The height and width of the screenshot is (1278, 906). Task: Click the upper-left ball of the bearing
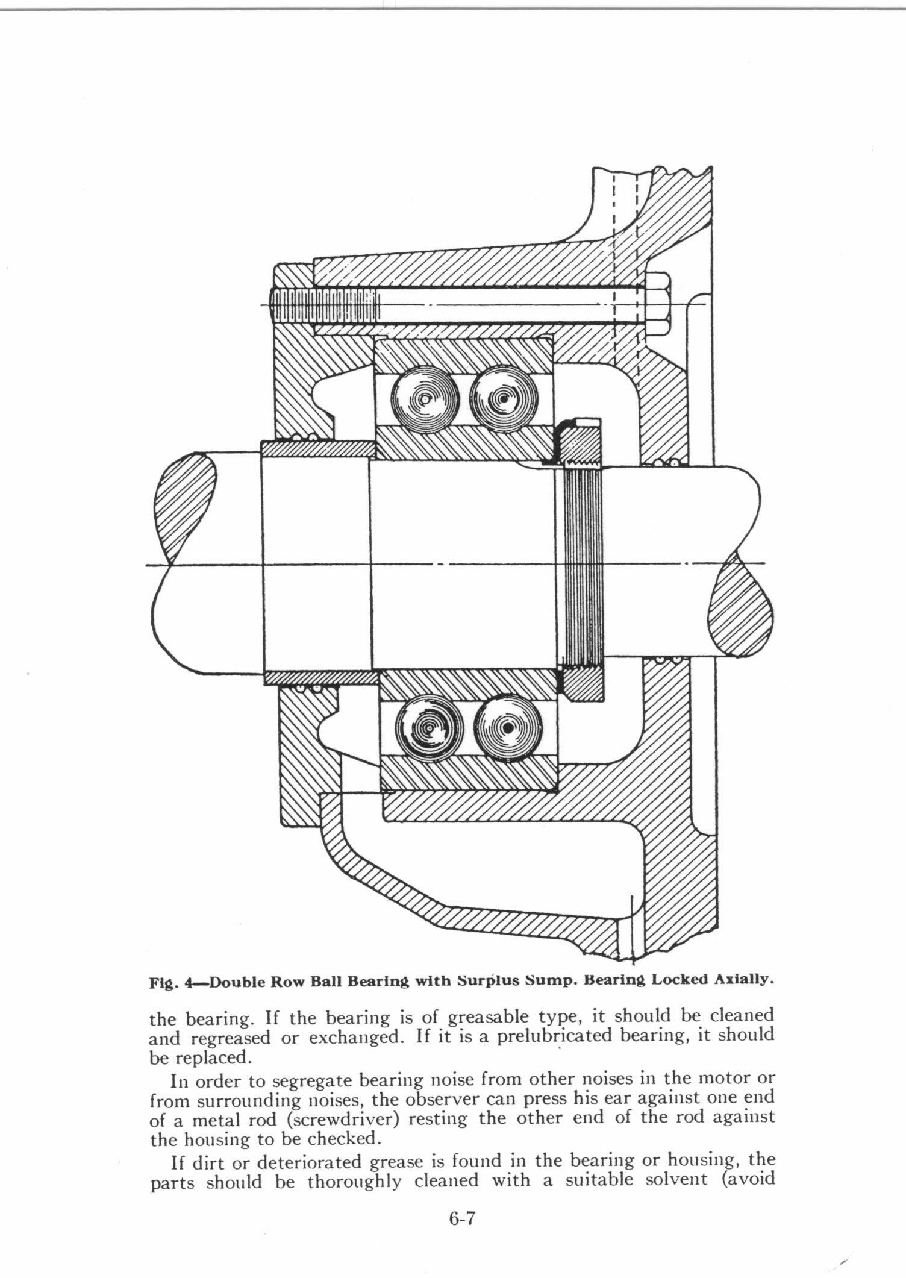coord(425,399)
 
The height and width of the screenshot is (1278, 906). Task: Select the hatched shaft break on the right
coord(740,609)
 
